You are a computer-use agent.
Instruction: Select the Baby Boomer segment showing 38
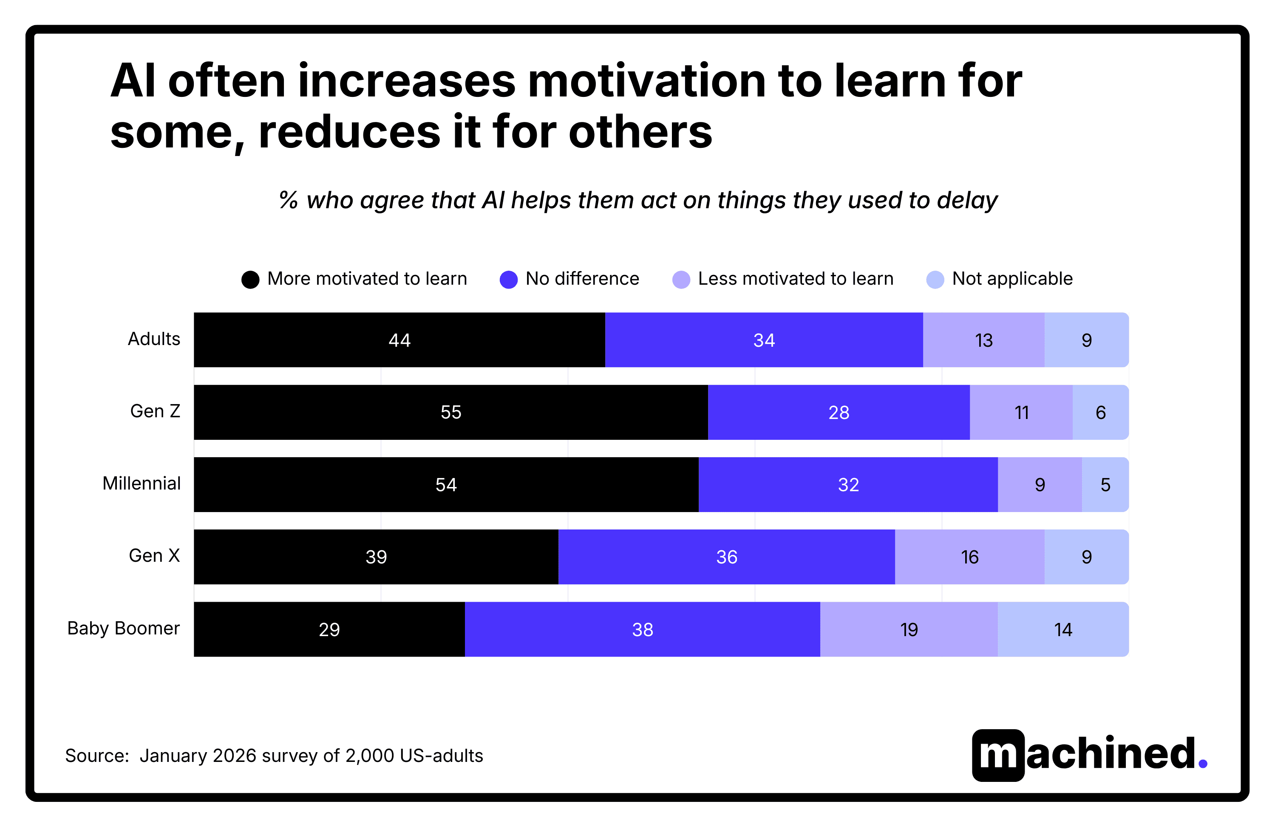tap(642, 629)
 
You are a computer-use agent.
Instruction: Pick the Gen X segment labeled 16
tap(969, 557)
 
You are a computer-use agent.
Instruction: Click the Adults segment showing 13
tap(983, 340)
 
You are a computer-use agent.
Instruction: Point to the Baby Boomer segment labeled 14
tap(1062, 629)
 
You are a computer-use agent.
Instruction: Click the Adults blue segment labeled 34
tap(763, 340)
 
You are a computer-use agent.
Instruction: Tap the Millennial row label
tap(142, 483)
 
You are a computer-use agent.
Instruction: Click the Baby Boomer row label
tap(123, 628)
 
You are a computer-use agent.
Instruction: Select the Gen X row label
tap(154, 555)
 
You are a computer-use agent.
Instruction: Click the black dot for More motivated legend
tap(250, 279)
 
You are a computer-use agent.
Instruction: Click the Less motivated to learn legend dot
tap(680, 279)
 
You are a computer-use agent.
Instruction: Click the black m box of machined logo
tap(997, 755)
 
